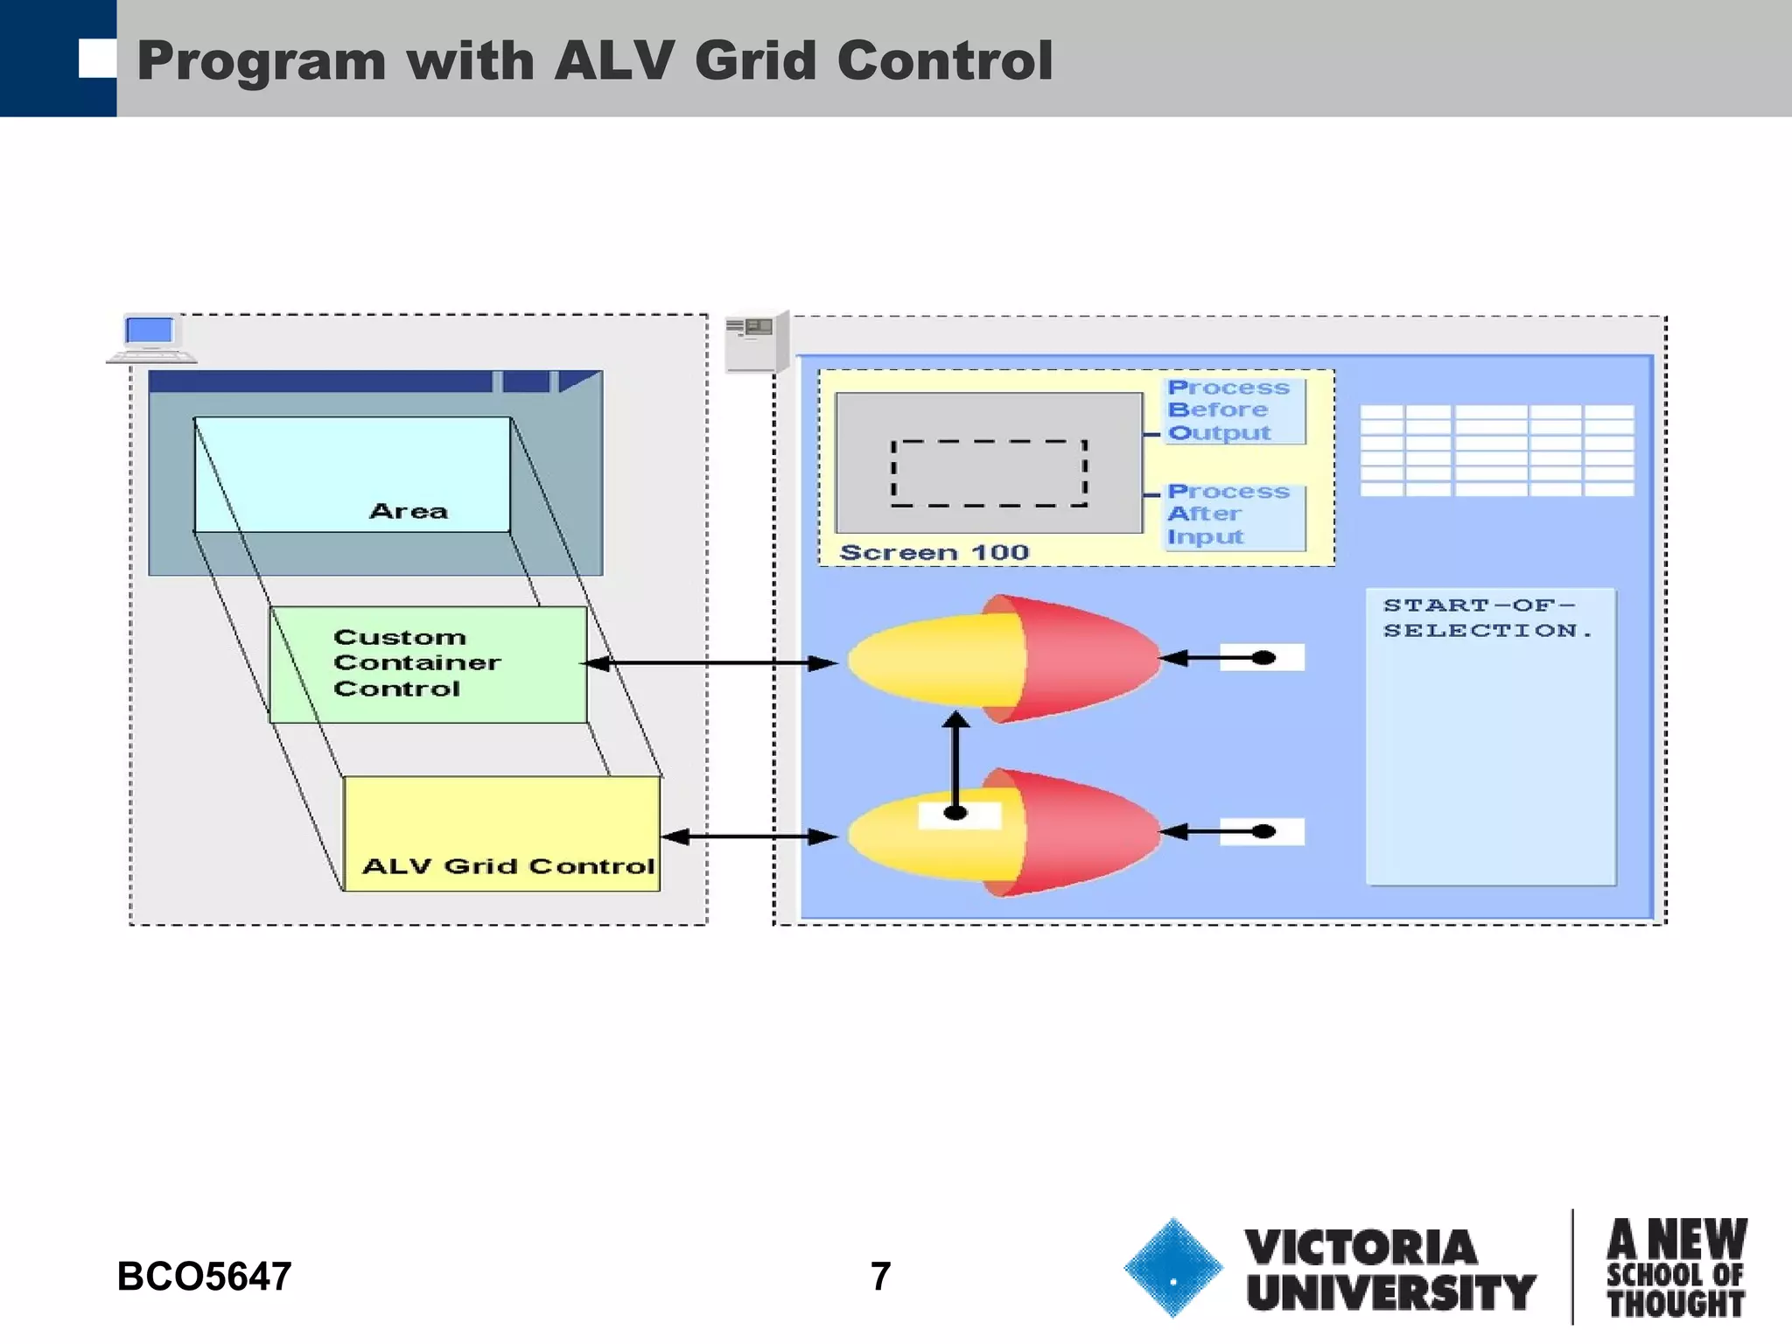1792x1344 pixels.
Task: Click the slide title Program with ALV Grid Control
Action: click(595, 60)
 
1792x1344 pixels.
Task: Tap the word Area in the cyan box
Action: click(408, 511)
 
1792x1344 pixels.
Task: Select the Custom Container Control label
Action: click(416, 662)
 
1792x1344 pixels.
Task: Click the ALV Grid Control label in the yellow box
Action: click(507, 866)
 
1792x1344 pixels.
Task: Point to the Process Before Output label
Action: click(1227, 410)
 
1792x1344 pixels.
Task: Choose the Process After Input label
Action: click(1227, 514)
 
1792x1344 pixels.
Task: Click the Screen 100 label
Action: click(934, 552)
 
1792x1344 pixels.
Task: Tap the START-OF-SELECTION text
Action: click(1486, 618)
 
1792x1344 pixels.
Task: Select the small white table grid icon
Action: click(1496, 450)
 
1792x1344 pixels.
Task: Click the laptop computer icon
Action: click(150, 338)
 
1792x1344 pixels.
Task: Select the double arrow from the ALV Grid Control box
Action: click(749, 837)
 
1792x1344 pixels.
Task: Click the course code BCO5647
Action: click(204, 1277)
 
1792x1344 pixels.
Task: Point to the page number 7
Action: click(880, 1277)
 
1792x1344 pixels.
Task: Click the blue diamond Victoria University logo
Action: click(1172, 1267)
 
